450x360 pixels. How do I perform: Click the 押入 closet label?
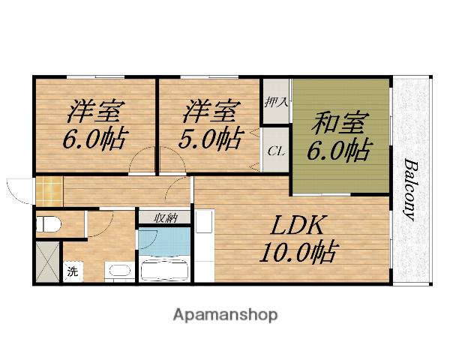(x=276, y=102)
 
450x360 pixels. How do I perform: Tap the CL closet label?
(x=276, y=151)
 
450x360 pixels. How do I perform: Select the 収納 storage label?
(x=166, y=218)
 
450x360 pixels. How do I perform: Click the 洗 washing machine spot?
(x=73, y=271)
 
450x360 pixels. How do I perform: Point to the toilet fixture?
(x=48, y=224)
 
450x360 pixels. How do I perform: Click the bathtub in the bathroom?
(x=164, y=271)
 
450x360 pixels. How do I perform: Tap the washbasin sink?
(x=120, y=271)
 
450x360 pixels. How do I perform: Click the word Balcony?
(x=411, y=190)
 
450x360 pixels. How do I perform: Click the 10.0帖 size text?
(x=298, y=252)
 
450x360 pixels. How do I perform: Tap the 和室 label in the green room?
(x=340, y=124)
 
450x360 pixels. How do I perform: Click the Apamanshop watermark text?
(x=225, y=316)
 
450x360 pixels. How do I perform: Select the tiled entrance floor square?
(x=49, y=191)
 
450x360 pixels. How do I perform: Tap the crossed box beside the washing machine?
(x=48, y=262)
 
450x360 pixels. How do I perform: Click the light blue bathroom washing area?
(x=164, y=241)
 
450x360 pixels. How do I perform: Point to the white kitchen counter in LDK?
(x=205, y=245)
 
